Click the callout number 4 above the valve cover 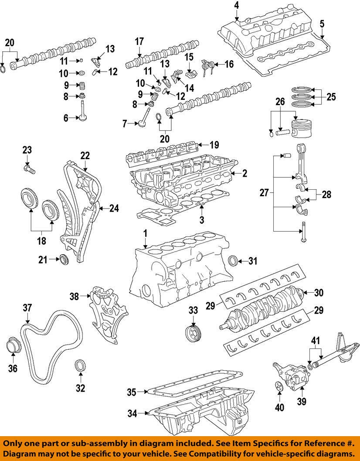pyautogui.click(x=236, y=6)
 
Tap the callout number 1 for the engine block pyautogui.click(x=145, y=235)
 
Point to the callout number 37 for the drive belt pyautogui.click(x=27, y=308)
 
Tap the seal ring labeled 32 pyautogui.click(x=80, y=365)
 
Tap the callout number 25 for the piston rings pyautogui.click(x=331, y=97)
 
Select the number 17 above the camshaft pyautogui.click(x=139, y=42)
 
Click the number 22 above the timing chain pyautogui.click(x=84, y=155)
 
